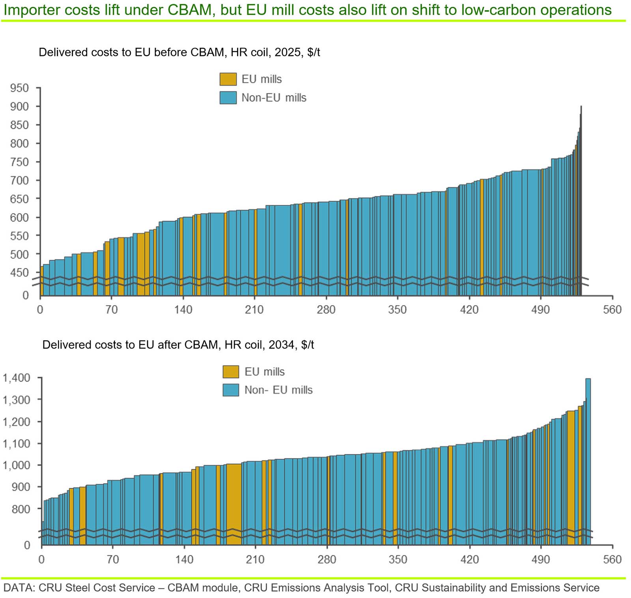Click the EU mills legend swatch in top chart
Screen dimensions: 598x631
(228, 79)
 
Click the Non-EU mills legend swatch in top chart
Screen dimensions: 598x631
(228, 98)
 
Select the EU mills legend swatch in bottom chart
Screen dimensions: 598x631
(231, 372)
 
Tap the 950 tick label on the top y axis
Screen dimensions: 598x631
(19, 88)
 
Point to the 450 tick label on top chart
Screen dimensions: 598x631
(19, 273)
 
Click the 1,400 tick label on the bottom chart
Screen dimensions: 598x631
(17, 378)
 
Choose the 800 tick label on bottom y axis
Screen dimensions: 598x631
(21, 509)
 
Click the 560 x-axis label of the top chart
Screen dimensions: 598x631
(612, 309)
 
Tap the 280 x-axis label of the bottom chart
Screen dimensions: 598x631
(327, 559)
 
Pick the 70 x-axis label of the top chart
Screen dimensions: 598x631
(112, 309)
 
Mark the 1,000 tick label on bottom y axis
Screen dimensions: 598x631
(17, 465)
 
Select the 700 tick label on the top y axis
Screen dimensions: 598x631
(19, 181)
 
